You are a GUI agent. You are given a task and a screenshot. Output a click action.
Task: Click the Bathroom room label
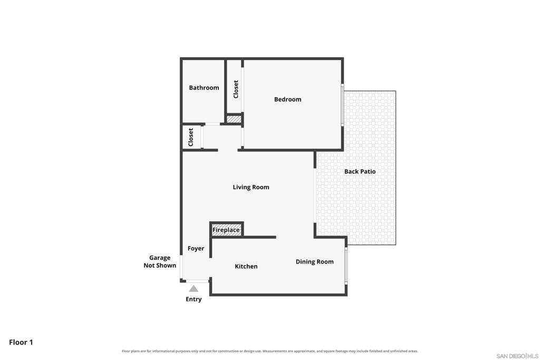click(x=204, y=88)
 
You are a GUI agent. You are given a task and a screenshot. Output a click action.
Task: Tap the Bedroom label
click(x=287, y=100)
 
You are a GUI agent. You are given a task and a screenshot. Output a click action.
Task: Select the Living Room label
click(x=250, y=187)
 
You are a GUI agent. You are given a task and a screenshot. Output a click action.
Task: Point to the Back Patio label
click(x=360, y=171)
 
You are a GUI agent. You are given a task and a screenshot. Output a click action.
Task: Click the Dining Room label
click(x=314, y=261)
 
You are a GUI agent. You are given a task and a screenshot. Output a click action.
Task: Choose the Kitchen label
click(x=246, y=266)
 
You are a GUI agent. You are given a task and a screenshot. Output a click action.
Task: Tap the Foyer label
click(x=196, y=248)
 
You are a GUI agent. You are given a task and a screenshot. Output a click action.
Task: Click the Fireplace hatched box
click(x=226, y=230)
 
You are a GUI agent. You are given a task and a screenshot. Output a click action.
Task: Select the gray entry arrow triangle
click(x=194, y=288)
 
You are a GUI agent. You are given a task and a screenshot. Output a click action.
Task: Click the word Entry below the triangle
click(x=194, y=299)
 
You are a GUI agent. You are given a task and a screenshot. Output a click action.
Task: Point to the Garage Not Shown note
click(x=160, y=261)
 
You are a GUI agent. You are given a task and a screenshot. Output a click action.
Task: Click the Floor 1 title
click(x=21, y=342)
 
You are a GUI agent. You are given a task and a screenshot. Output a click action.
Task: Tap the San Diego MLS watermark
click(x=517, y=356)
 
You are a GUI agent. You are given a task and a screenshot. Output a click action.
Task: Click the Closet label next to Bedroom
click(x=236, y=89)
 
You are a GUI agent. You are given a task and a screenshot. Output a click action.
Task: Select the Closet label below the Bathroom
click(x=191, y=137)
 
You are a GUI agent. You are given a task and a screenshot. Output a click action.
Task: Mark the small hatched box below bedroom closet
click(x=234, y=119)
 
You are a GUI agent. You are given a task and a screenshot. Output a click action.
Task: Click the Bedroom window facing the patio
click(x=342, y=105)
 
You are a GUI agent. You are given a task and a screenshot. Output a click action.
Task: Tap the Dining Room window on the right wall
click(x=346, y=265)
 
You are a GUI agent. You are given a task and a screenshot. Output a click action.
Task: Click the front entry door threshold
click(x=197, y=281)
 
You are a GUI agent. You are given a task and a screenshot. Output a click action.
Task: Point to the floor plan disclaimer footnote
click(x=270, y=351)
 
